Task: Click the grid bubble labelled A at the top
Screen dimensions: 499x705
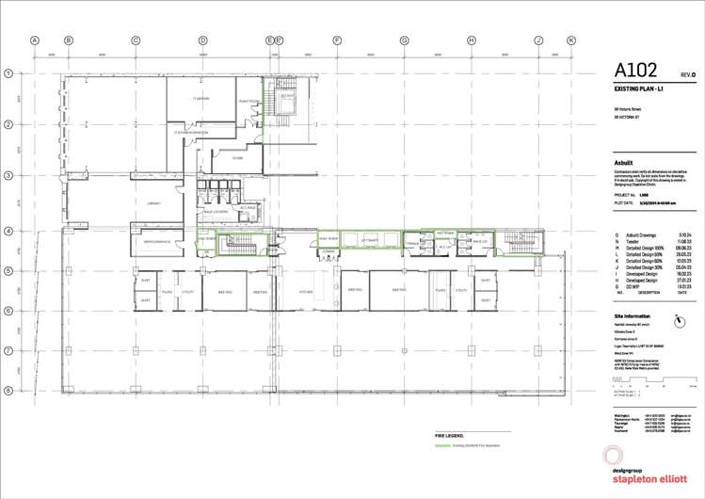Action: point(34,40)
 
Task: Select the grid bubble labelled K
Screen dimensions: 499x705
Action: point(570,40)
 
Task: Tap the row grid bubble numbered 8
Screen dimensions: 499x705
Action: point(7,390)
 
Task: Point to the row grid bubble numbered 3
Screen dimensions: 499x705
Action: point(7,176)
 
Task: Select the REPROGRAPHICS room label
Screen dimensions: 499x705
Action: point(155,242)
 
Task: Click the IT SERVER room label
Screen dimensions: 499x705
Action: point(200,98)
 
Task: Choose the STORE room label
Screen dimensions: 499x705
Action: point(238,157)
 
